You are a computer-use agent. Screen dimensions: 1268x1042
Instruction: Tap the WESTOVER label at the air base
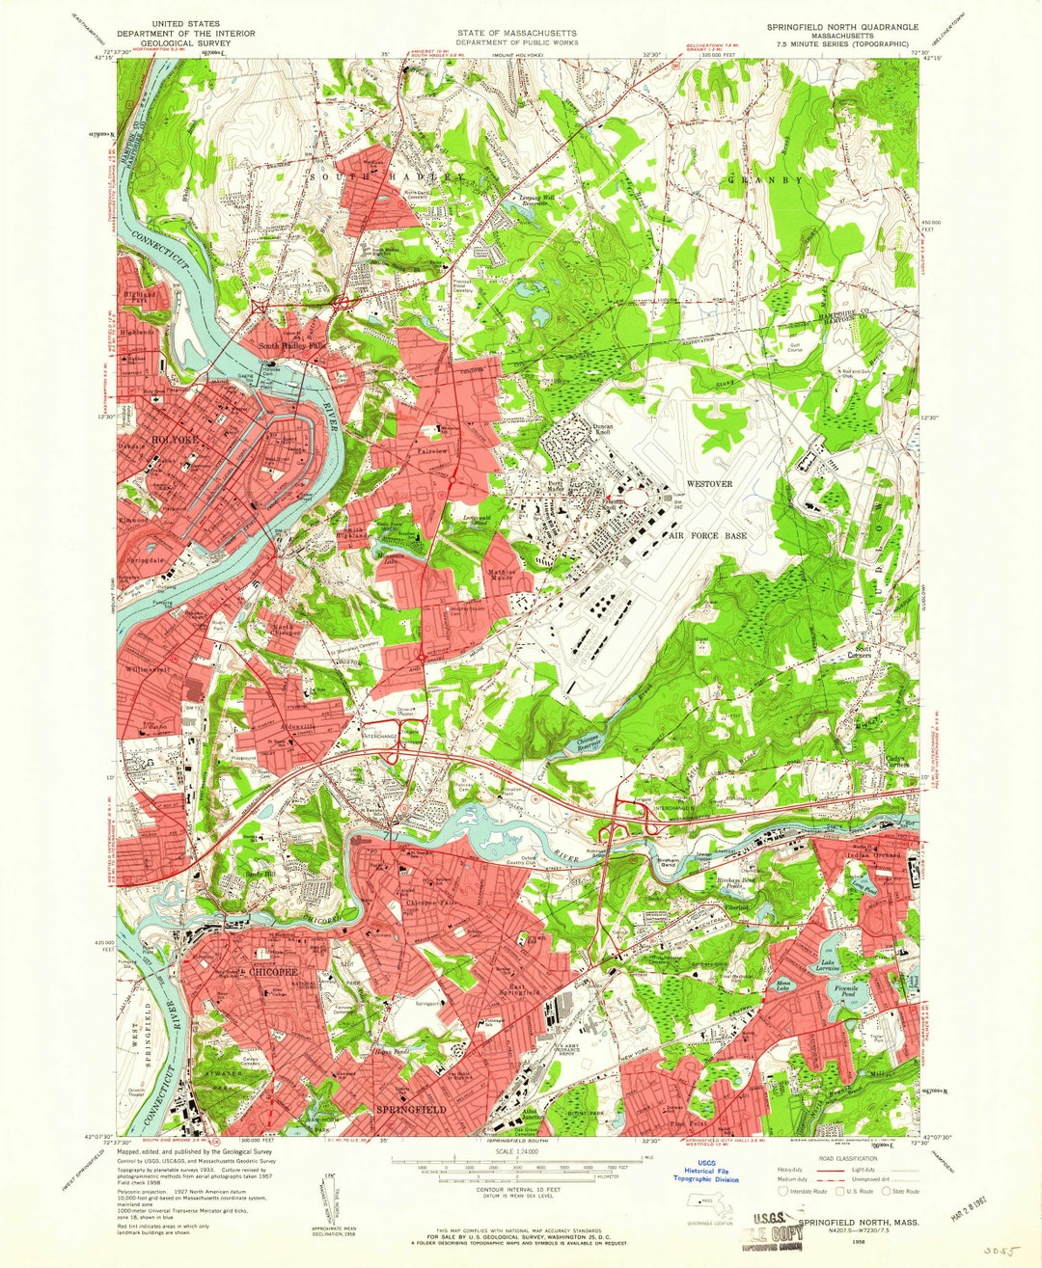[x=709, y=483]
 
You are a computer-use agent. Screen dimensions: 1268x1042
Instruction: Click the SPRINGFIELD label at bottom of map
[x=410, y=1111]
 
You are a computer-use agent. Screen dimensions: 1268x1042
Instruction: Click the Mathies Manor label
[x=502, y=573]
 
